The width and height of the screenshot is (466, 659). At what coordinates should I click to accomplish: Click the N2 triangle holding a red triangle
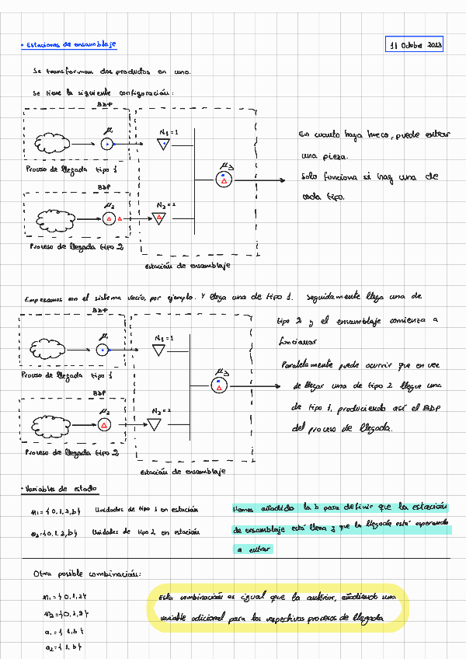click(158, 218)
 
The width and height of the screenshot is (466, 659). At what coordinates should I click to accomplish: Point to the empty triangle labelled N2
click(155, 424)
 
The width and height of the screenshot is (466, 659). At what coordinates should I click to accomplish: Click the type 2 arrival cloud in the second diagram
click(54, 424)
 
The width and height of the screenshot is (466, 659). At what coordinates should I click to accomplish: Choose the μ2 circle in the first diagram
click(110, 218)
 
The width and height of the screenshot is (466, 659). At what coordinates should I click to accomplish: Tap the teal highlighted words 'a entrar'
click(252, 549)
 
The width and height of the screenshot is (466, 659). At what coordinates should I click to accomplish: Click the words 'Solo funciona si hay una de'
click(369, 177)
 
